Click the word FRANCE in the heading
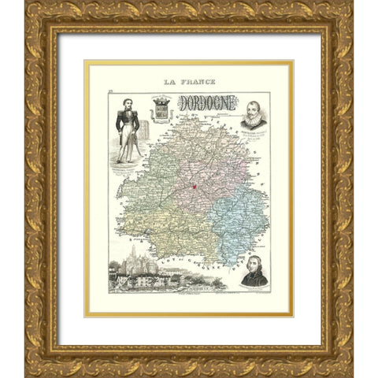200,82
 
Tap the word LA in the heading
169,82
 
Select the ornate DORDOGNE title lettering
206,103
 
